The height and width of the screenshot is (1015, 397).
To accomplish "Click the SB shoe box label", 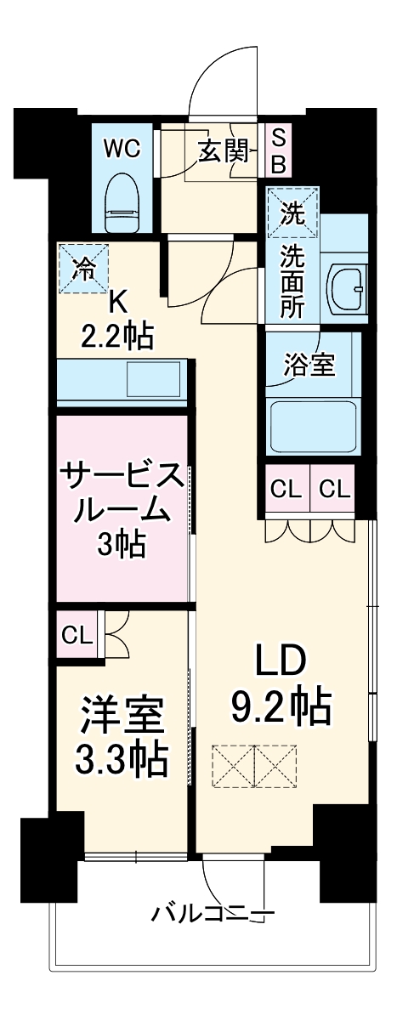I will [x=278, y=150].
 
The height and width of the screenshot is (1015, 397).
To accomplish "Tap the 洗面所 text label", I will [x=292, y=281].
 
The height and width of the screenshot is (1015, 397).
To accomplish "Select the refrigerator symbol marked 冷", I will [x=84, y=269].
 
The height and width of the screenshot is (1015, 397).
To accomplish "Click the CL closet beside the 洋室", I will [x=77, y=633].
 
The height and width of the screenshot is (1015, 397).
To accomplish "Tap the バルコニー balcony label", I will [x=213, y=914].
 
